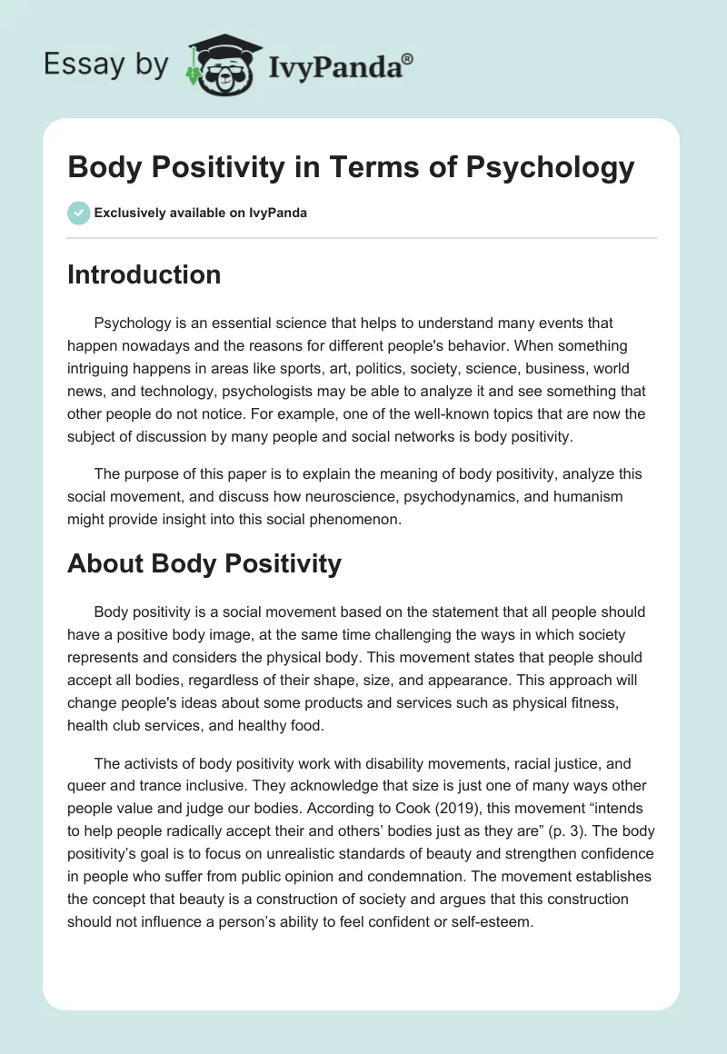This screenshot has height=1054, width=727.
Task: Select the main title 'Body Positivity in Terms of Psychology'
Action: pos(350,168)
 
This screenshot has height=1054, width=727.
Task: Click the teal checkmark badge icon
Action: pos(78,213)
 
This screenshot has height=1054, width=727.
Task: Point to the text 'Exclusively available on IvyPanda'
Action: pos(201,214)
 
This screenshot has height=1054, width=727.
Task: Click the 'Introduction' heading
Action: pos(144,274)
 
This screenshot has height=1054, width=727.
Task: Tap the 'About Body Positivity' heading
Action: pos(204,563)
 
